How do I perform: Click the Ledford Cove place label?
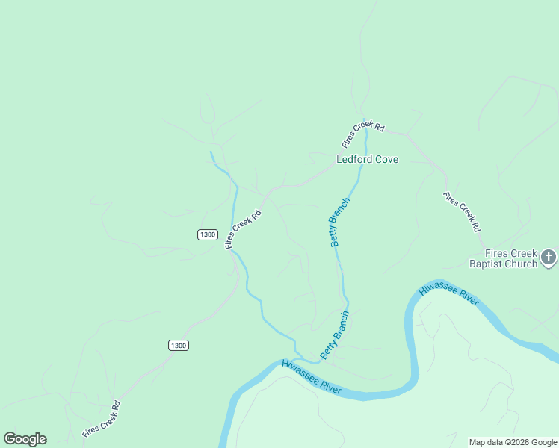click(x=367, y=159)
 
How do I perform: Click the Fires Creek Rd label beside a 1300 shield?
click(x=244, y=228)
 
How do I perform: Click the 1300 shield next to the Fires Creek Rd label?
click(x=208, y=234)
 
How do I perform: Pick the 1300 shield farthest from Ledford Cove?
click(x=178, y=345)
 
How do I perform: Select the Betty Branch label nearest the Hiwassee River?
click(x=334, y=335)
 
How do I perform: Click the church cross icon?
click(x=549, y=258)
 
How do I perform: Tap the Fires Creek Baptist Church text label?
click(x=503, y=258)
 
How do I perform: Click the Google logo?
click(x=25, y=439)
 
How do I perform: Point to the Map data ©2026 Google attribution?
click(x=513, y=442)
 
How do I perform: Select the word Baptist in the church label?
click(x=487, y=264)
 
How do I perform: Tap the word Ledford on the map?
click(x=353, y=159)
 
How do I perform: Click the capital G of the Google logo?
click(x=10, y=439)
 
